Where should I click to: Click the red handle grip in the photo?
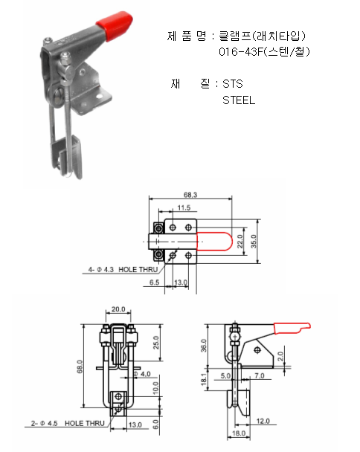(x=115, y=25)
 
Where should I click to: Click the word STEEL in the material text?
(x=239, y=100)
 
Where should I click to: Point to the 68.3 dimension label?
(x=190, y=195)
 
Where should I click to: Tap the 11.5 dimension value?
(x=184, y=207)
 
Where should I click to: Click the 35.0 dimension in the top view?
(x=254, y=242)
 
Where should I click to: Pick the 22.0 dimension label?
(x=240, y=242)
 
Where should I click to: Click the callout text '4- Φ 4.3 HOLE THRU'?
(x=123, y=270)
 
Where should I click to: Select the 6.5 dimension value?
(x=154, y=282)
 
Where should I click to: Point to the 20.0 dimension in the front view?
(x=118, y=309)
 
